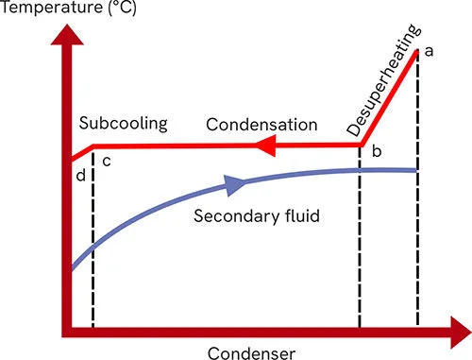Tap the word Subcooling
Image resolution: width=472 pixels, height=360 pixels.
point(124,124)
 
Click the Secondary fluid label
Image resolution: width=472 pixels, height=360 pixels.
point(257,214)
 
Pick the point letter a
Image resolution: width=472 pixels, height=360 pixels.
point(429,51)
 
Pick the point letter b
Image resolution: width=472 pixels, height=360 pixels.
point(377,151)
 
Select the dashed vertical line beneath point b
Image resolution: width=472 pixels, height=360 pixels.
point(361,246)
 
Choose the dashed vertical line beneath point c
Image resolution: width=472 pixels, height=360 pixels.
point(93,246)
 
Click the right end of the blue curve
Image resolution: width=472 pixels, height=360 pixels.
point(415,170)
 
